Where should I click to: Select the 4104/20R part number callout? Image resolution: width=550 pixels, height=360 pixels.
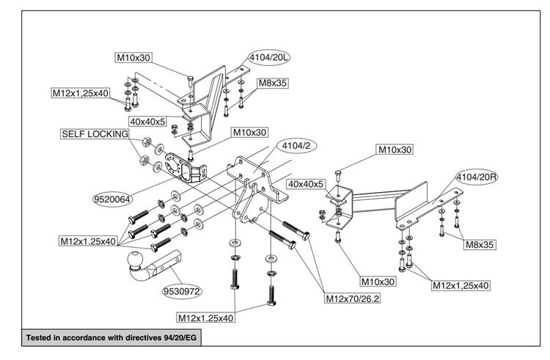click(x=477, y=177)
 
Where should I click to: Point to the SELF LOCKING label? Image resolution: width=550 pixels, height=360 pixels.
click(x=94, y=134)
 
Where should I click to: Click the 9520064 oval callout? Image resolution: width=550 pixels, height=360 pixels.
click(x=111, y=198)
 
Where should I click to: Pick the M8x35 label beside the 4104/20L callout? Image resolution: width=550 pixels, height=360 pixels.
click(x=273, y=84)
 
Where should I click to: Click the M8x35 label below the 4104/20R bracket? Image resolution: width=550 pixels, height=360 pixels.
click(x=479, y=245)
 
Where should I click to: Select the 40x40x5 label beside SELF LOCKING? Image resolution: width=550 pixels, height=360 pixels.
click(x=147, y=121)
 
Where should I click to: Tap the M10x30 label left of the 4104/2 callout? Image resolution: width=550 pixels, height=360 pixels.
click(x=250, y=133)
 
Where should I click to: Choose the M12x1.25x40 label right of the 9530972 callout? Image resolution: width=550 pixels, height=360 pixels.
click(x=206, y=317)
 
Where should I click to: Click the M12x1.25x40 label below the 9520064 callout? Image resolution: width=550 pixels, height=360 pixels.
click(x=88, y=240)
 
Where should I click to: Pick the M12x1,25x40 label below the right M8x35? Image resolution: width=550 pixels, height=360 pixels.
click(x=461, y=284)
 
